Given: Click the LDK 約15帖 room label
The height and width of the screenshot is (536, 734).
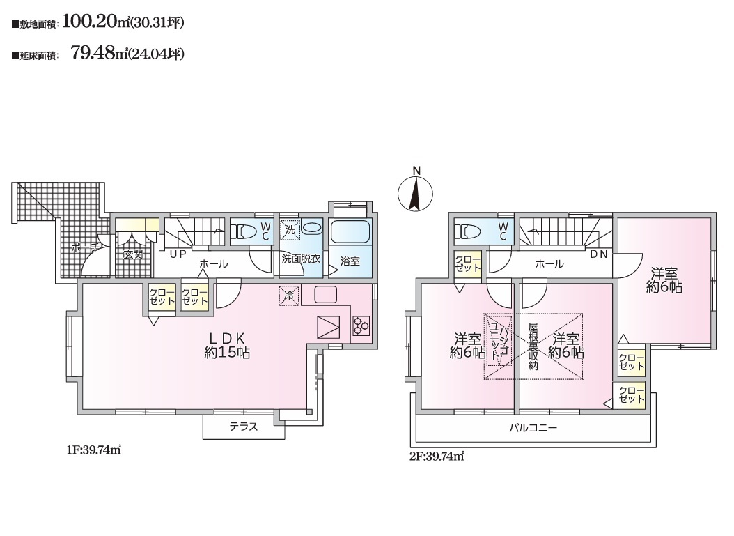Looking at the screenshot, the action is pyautogui.click(x=226, y=345).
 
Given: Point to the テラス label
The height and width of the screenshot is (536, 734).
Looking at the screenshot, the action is pyautogui.click(x=244, y=427).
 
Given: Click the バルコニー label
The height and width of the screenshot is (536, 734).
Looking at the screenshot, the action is pyautogui.click(x=533, y=428).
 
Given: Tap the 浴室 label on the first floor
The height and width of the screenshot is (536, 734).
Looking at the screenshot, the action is pyautogui.click(x=350, y=261).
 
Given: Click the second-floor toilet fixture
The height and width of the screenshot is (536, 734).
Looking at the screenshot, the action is pyautogui.click(x=469, y=231).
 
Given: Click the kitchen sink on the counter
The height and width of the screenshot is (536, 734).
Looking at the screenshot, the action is pyautogui.click(x=326, y=295).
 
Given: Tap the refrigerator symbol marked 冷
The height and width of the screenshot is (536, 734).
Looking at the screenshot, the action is pyautogui.click(x=289, y=296).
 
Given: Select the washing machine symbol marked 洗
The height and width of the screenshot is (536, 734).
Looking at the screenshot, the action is pyautogui.click(x=290, y=230).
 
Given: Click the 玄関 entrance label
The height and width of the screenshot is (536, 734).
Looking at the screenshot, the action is pyautogui.click(x=133, y=255).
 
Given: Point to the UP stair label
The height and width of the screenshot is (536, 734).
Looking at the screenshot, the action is pyautogui.click(x=178, y=254).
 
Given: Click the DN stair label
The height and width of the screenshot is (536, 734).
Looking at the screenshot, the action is pyautogui.click(x=599, y=254).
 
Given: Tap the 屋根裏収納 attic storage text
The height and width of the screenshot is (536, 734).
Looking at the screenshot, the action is pyautogui.click(x=533, y=346).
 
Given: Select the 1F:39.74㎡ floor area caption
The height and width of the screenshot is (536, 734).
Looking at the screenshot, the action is pyautogui.click(x=93, y=450).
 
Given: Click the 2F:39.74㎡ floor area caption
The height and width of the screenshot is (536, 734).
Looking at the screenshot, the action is pyautogui.click(x=436, y=457).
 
